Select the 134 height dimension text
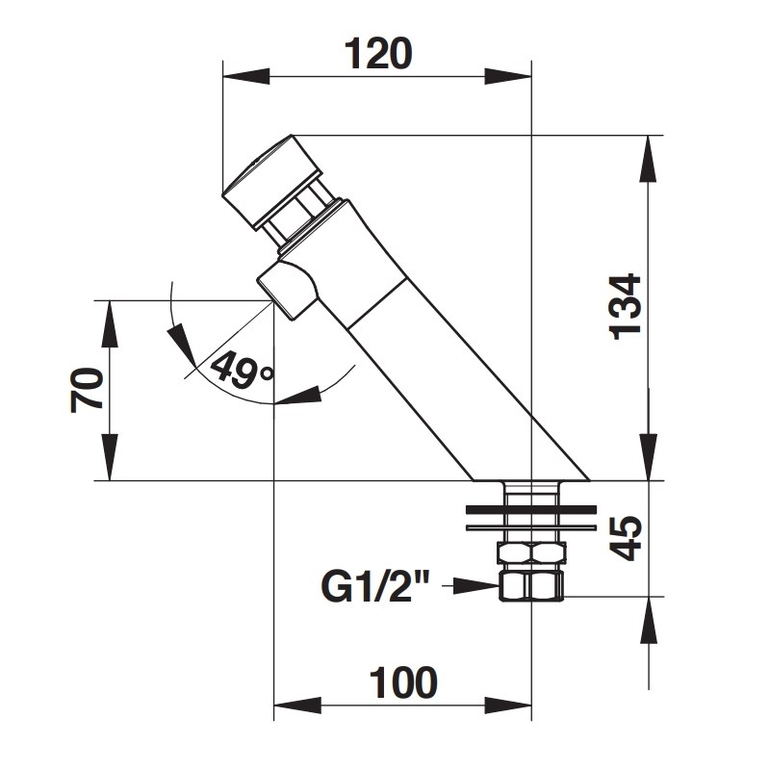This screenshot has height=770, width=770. (x=626, y=306)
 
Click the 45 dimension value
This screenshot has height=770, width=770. (x=627, y=538)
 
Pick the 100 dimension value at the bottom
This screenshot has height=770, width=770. (x=403, y=682)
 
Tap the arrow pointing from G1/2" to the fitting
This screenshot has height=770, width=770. (x=476, y=585)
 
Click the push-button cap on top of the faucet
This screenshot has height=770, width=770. (x=269, y=179)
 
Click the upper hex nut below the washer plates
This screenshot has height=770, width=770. (x=530, y=552)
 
